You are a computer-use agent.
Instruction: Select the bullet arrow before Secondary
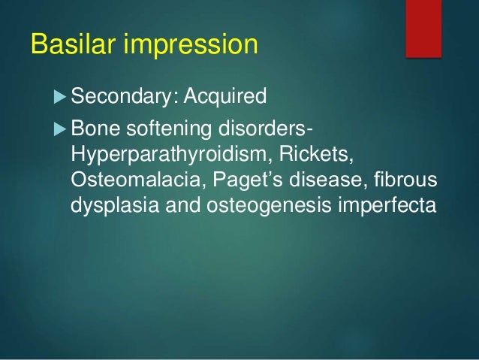(x=61, y=97)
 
